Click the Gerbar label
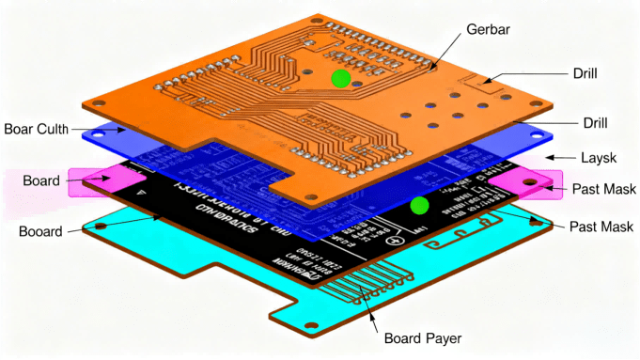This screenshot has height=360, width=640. [x=489, y=30]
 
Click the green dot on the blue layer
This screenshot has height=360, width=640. [x=419, y=205]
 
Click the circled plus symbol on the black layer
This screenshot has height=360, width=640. [x=398, y=239]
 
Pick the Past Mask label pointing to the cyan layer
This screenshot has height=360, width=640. [x=602, y=227]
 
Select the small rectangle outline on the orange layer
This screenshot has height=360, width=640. [x=489, y=89]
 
